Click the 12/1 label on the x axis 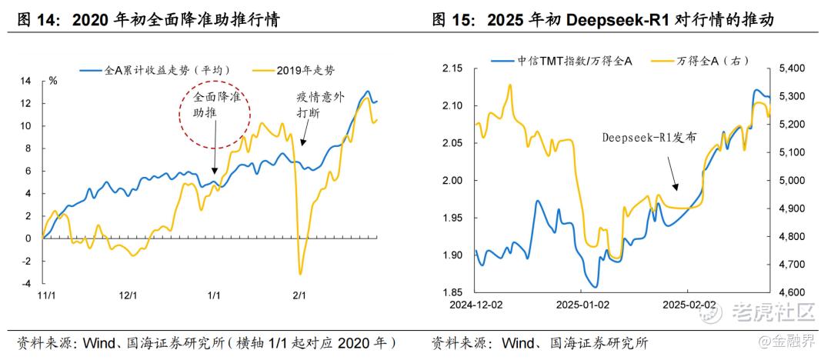tap(128, 295)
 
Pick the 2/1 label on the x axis tap(299, 295)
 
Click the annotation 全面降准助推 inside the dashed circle tap(215, 105)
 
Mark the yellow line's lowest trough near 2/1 tap(300, 273)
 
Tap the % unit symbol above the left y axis tap(53, 79)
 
